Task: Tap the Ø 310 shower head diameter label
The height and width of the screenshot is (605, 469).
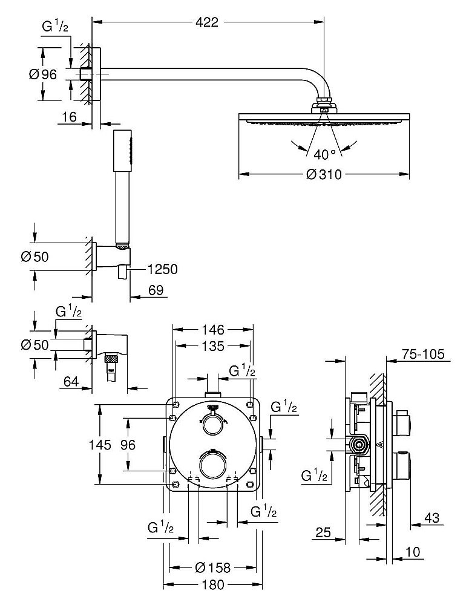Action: tap(324, 175)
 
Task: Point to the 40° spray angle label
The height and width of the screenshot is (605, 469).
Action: tap(324, 153)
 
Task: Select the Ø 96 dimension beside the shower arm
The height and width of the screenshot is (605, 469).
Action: tap(42, 74)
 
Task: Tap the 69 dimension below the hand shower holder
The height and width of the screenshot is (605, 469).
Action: tap(157, 292)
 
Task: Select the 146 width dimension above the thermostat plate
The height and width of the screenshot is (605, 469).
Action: tap(212, 330)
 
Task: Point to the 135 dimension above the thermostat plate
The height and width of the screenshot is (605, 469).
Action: tap(212, 346)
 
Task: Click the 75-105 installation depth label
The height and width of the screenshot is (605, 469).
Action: tap(423, 355)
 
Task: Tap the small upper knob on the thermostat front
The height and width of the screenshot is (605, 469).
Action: tap(211, 426)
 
